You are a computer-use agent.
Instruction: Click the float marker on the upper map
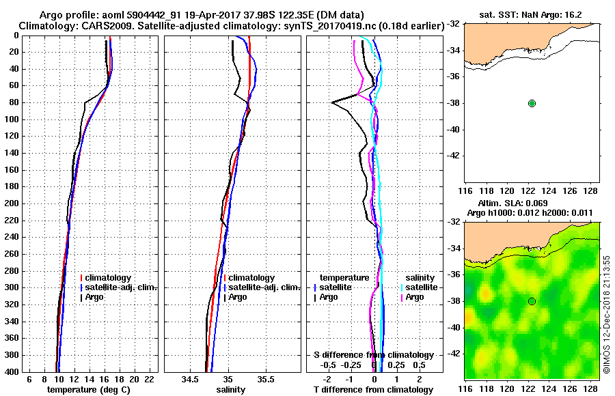532,103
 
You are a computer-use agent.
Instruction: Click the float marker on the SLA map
532,301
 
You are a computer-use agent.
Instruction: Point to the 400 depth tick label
12,371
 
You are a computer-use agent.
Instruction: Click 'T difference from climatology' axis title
374,389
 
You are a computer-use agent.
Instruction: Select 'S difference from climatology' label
374,355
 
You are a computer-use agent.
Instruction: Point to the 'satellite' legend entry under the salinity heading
422,287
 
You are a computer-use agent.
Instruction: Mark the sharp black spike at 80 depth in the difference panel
333,102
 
